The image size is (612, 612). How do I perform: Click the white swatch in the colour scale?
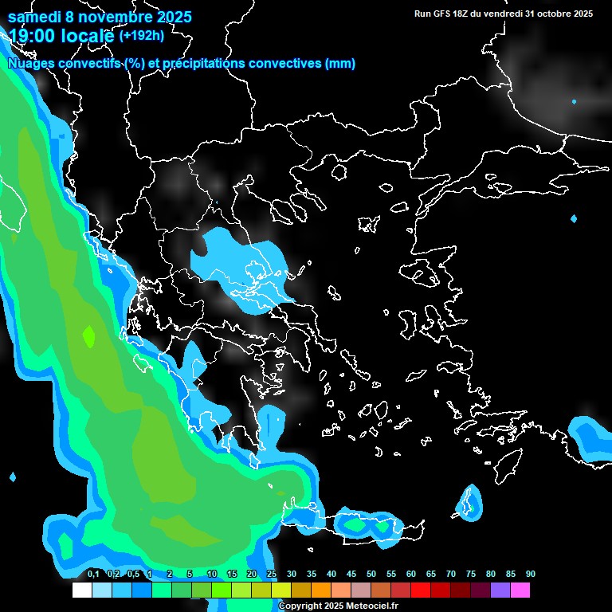tap(81, 590)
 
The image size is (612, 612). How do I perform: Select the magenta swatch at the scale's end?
tap(520, 590)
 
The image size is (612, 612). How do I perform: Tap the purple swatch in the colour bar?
tap(500, 590)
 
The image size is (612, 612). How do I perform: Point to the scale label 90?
tap(530, 574)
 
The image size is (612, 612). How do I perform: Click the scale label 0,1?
tap(93, 574)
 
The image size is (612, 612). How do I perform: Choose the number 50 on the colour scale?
tap(371, 574)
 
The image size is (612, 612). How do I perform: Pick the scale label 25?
tap(272, 574)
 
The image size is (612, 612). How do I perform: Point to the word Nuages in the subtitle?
tap(31, 64)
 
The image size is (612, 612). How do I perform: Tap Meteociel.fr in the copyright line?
tap(371, 606)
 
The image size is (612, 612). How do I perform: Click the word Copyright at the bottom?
tap(300, 606)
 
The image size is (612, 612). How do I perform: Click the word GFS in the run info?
tap(440, 14)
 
